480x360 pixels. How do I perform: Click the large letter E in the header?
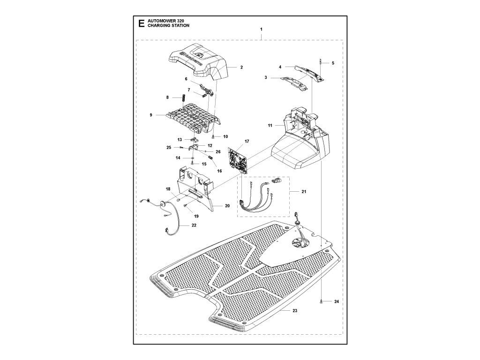[x=139, y=24]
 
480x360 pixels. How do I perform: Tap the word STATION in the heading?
[x=180, y=27]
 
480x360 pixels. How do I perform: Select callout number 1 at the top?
[x=261, y=30]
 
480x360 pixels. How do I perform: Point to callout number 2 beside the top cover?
[x=241, y=67]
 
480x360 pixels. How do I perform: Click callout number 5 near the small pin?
[x=333, y=63]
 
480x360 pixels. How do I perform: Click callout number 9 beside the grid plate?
[x=151, y=114]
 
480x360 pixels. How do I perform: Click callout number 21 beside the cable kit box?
[x=304, y=192]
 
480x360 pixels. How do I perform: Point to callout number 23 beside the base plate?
[x=294, y=311]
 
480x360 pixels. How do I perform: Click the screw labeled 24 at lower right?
[x=322, y=302]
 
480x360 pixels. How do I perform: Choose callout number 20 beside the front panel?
[x=227, y=206]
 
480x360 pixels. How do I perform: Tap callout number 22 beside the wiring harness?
[x=194, y=225]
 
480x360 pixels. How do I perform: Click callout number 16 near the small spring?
[x=219, y=172]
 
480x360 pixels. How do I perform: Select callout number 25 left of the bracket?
[x=169, y=148]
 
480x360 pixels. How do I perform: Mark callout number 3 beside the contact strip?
[x=266, y=77]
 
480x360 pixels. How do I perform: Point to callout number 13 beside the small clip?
[x=180, y=140]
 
